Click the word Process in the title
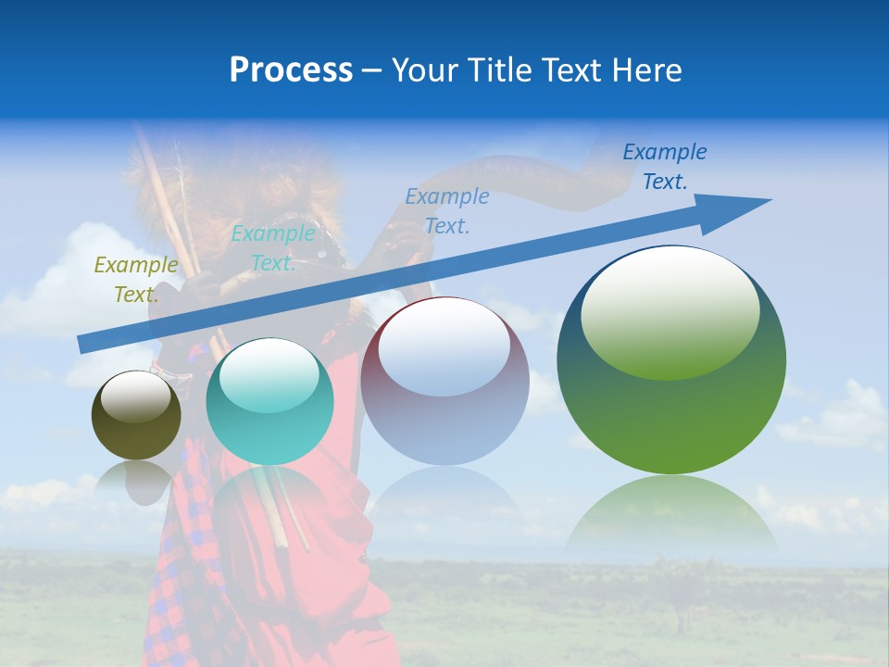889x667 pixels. click(x=291, y=70)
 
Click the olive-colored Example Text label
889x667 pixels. click(x=135, y=280)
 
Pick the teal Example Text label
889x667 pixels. click(x=273, y=248)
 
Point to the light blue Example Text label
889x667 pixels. click(x=447, y=210)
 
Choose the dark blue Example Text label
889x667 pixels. click(x=664, y=167)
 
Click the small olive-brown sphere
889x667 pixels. click(x=136, y=416)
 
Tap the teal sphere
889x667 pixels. click(x=269, y=402)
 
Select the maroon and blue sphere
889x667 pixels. click(x=444, y=381)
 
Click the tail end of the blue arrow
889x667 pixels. click(x=85, y=344)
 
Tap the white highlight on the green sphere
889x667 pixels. click(x=670, y=310)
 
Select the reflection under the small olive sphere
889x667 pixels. click(x=135, y=479)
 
